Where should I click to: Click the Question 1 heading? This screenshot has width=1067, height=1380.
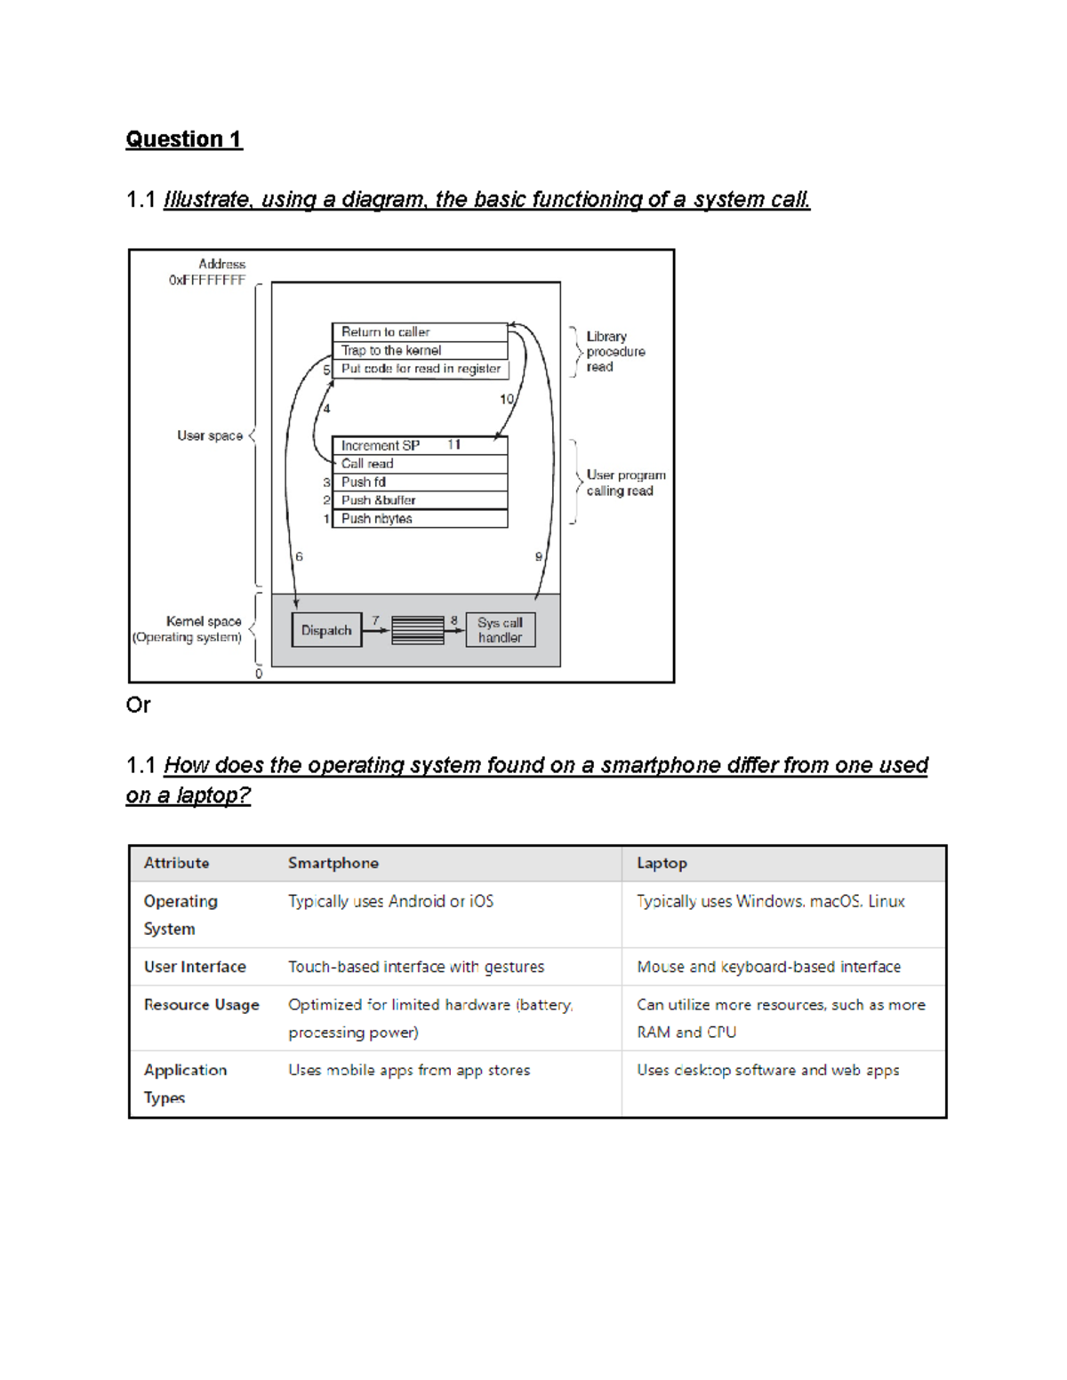tap(183, 140)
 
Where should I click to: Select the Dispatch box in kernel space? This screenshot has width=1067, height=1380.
tap(326, 630)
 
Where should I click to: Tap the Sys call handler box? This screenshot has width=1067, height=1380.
tap(500, 630)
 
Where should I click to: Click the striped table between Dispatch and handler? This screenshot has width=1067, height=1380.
tap(417, 630)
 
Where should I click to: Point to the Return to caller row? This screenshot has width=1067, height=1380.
tap(419, 331)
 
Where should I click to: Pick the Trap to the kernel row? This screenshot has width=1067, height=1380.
tap(419, 350)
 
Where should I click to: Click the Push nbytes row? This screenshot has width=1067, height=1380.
tap(419, 519)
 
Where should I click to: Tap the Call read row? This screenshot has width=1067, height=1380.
tap(419, 464)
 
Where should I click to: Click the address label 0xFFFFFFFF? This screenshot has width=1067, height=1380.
tap(206, 280)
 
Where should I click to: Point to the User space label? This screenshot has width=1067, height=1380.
tap(209, 435)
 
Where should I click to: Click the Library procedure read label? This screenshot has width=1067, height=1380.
tap(614, 351)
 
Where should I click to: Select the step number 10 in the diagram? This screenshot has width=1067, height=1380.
tap(506, 399)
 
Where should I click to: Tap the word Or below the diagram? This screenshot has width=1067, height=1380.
tap(138, 705)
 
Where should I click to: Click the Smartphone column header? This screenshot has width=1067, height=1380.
tap(333, 863)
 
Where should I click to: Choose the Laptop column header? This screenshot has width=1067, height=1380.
tap(662, 863)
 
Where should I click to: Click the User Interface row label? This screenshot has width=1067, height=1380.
tap(195, 967)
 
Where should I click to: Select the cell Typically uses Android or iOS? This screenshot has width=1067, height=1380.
tap(390, 901)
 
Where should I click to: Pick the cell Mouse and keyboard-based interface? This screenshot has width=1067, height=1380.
tap(768, 967)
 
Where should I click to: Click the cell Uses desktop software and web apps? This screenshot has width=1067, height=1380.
tap(767, 1070)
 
